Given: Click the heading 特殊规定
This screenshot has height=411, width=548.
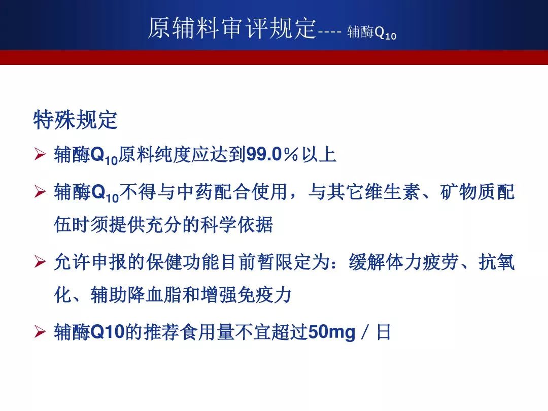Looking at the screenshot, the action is (x=75, y=120).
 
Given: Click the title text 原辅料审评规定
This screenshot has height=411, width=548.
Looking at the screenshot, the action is (x=232, y=28).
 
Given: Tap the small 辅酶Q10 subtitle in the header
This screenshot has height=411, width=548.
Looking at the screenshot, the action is (x=371, y=32).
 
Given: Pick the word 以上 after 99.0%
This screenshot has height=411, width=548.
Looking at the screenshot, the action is (x=319, y=154).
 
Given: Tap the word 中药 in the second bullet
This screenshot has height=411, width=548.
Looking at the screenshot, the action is (x=195, y=191).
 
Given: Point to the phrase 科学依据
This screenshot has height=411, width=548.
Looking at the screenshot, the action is (x=236, y=224).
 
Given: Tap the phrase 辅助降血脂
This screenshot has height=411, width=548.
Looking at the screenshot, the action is (x=136, y=295).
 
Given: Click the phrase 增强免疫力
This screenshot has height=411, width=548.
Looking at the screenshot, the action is (x=246, y=295).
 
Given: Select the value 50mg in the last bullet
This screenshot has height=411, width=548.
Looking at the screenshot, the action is (x=332, y=332).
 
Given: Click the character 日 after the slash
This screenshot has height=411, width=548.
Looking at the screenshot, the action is (x=384, y=332).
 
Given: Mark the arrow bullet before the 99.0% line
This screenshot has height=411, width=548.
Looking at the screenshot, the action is (x=40, y=154).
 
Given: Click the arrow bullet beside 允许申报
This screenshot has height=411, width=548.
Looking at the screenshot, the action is (x=40, y=261).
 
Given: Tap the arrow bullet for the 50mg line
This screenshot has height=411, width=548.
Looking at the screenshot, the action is (x=40, y=332).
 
